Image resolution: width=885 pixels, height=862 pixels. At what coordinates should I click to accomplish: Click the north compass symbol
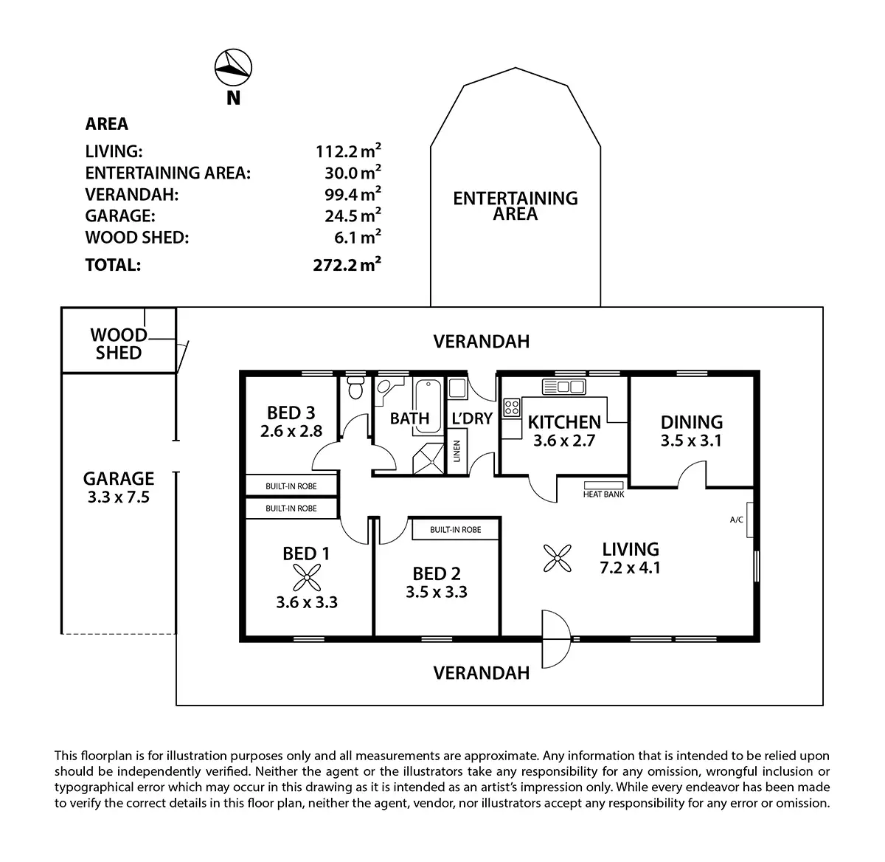pos(233,68)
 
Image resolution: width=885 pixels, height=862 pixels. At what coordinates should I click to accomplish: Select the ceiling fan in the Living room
pos(558,558)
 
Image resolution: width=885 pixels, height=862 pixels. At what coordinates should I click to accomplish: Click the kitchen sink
pos(564,386)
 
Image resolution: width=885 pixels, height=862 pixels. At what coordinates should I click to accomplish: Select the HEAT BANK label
pos(603,494)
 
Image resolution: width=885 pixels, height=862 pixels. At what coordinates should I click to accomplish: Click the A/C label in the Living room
pos(736,520)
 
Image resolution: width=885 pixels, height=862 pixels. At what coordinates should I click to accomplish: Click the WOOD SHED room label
pos(119,344)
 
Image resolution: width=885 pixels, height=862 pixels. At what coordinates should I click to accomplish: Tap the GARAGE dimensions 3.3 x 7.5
pos(119,497)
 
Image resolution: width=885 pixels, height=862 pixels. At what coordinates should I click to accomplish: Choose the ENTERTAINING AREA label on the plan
pos(516,206)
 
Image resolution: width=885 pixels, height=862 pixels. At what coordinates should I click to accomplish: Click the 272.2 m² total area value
pos(347,265)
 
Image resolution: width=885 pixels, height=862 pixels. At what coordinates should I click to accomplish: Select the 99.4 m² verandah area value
pos(357,195)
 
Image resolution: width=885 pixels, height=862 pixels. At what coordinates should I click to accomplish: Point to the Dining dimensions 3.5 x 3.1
pos(691,441)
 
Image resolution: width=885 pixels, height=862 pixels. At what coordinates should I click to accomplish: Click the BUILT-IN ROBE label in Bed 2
pos(455,530)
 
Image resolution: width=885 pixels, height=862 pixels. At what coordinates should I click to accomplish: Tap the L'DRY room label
pos(472,418)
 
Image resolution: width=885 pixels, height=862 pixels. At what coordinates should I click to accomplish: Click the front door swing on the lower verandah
pos(555,637)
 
